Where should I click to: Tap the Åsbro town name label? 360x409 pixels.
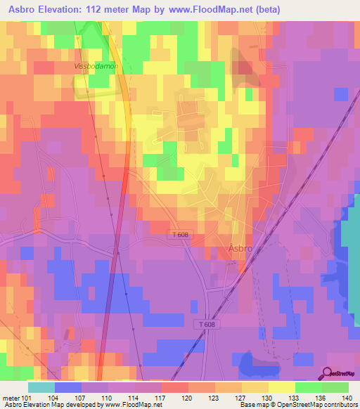click(240, 248)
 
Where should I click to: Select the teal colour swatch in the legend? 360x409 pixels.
click(41, 387)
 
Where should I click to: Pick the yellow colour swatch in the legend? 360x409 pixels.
click(282, 387)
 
